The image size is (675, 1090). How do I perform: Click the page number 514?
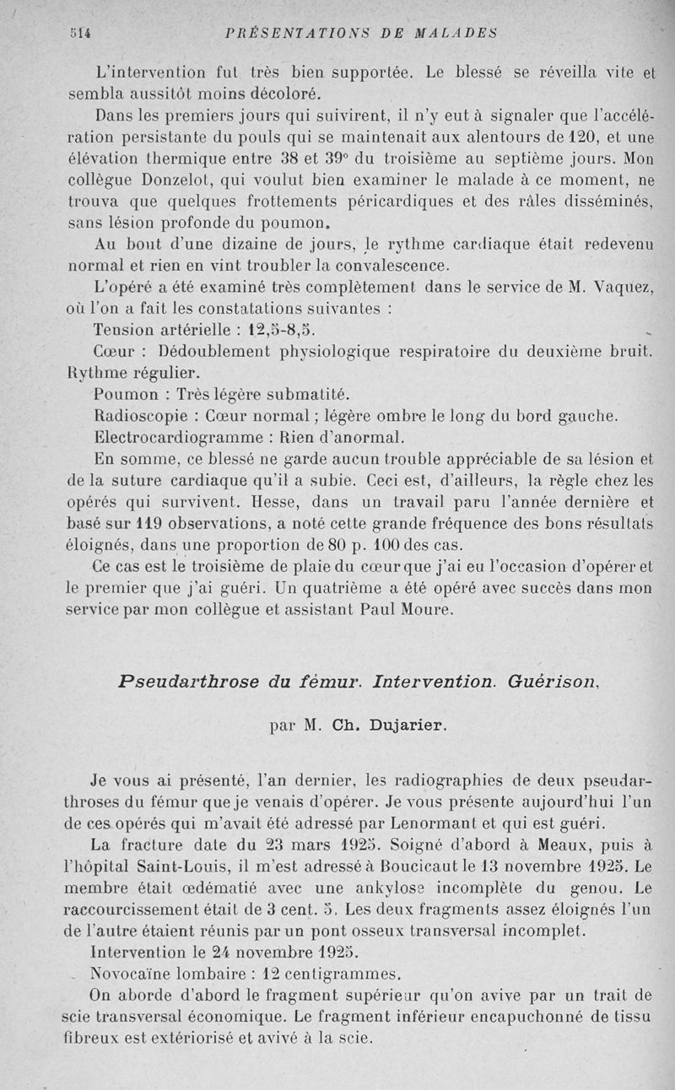81,33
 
